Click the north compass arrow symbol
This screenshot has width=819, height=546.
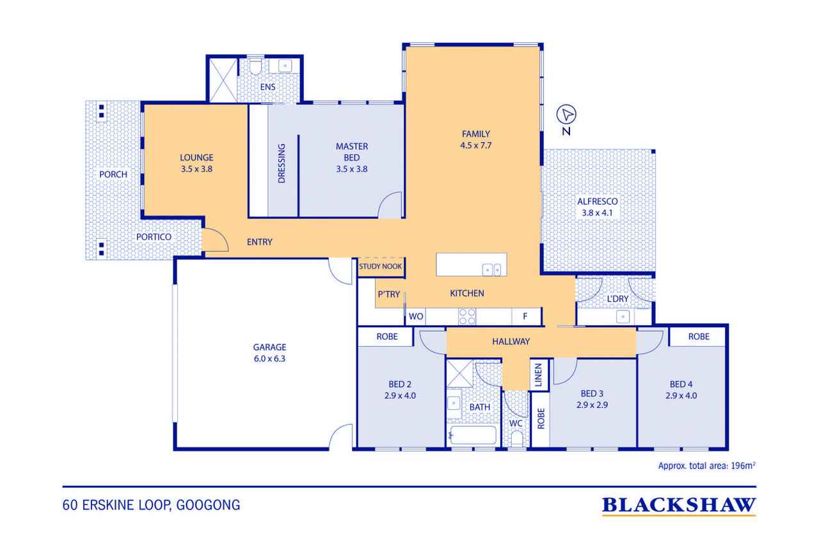566,115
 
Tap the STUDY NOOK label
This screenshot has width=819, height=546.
380,266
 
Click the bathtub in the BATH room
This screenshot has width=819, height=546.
473,435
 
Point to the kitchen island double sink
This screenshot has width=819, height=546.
491,269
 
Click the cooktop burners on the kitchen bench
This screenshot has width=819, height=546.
467,316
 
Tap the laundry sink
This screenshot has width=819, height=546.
623,316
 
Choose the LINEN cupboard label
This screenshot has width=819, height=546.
538,375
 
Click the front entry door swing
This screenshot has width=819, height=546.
216,240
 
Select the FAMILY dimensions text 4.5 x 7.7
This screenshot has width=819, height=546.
475,145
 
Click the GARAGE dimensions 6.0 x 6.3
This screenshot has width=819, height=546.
269,358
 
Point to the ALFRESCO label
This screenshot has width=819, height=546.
598,202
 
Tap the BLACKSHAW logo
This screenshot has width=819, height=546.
679,506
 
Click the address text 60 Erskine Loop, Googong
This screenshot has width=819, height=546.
152,505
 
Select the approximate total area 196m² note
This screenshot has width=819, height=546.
706,466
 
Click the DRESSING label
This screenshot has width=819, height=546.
281,163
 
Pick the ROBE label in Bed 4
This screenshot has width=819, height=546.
699,337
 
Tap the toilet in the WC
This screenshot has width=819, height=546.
516,438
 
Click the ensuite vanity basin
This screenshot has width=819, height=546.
285,66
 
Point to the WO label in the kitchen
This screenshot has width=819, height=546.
416,316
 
